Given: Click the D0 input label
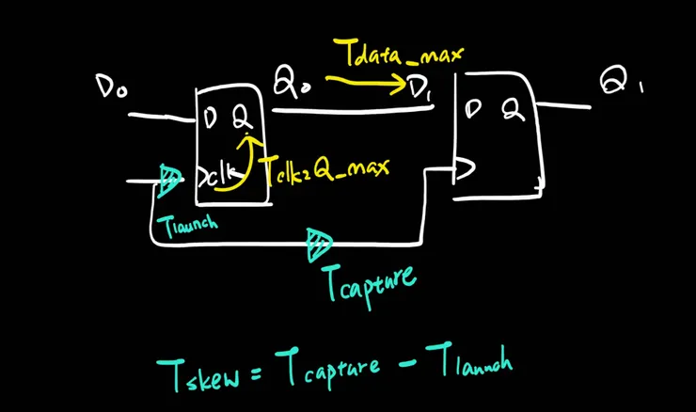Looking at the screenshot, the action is coord(111,87).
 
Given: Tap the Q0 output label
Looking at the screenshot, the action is coord(292,81).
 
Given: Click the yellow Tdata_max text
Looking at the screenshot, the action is coord(398,53).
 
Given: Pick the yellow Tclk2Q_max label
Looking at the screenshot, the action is coord(327,169).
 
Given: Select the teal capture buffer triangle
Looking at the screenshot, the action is coord(319,244).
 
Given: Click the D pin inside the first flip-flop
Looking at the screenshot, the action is coord(210,118).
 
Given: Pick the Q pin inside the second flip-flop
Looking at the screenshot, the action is coord(514,109).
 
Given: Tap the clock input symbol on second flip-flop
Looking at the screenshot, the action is coord(465,168).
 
